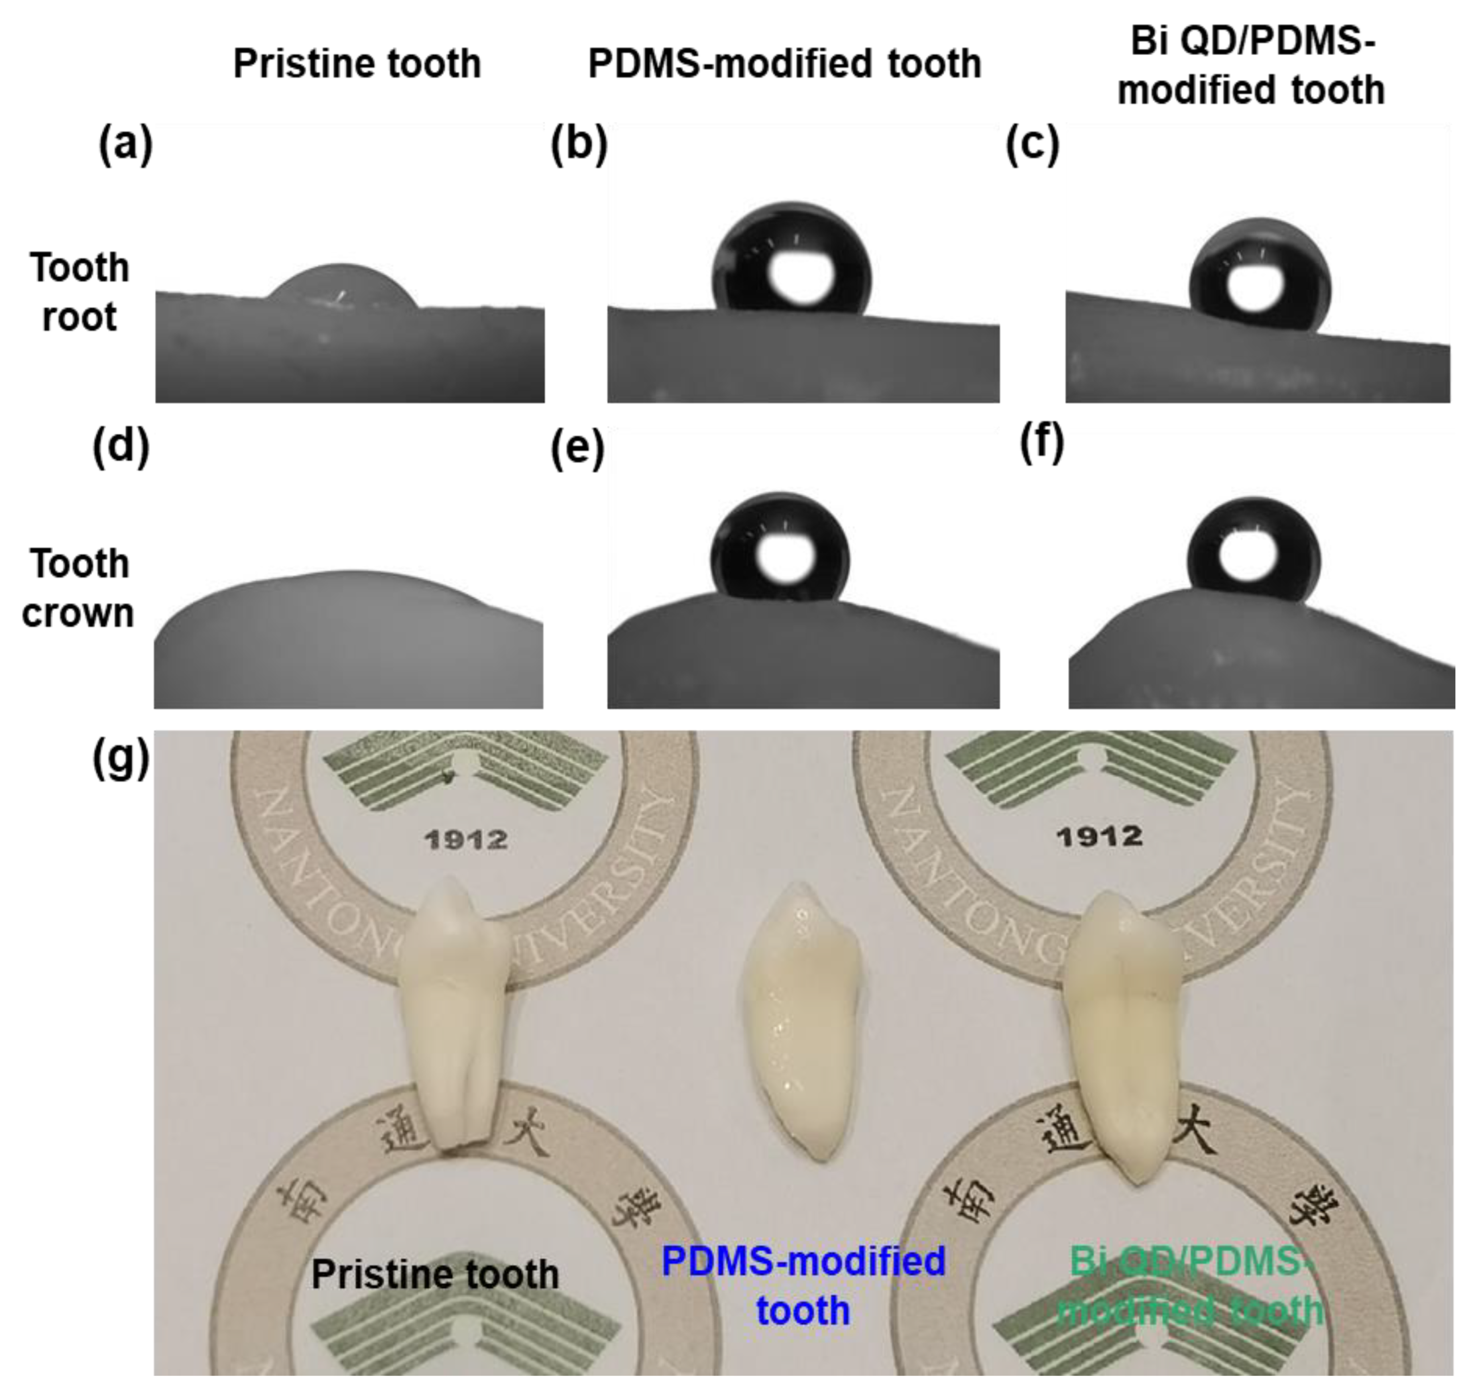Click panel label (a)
pyautogui.click(x=125, y=144)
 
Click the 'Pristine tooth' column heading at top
pyautogui.click(x=357, y=64)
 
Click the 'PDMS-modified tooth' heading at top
pyautogui.click(x=784, y=64)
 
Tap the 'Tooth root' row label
pyautogui.click(x=79, y=292)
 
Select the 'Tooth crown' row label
pyautogui.click(x=78, y=588)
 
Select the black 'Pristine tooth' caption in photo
pyautogui.click(x=434, y=1275)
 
